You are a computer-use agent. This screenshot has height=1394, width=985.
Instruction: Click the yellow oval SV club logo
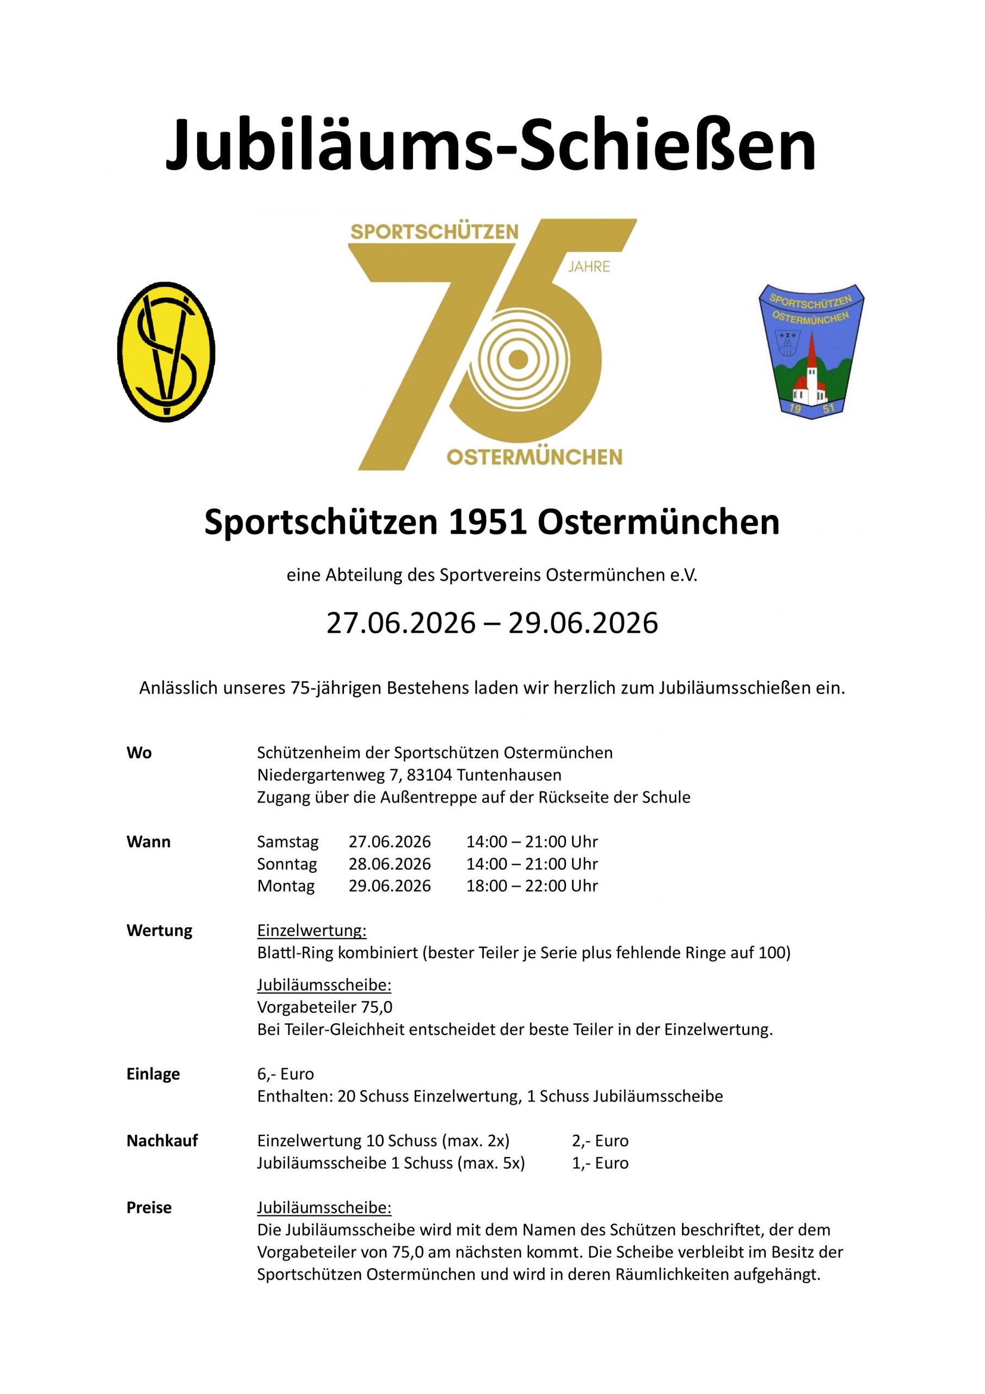(165, 352)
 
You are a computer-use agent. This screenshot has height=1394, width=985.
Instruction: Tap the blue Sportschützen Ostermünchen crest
(811, 350)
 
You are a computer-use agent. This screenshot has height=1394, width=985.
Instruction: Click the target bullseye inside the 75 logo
(516, 359)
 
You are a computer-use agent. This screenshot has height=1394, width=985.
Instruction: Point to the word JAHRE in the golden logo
(589, 266)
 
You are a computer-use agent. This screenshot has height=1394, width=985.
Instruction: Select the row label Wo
(139, 753)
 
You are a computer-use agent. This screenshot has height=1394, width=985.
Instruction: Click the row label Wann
(149, 841)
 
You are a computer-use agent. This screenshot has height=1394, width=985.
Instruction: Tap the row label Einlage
(153, 1074)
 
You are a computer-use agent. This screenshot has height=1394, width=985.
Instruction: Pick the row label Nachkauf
(162, 1141)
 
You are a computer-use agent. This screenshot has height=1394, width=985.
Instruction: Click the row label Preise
(149, 1208)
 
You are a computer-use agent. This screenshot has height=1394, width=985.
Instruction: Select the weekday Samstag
(288, 841)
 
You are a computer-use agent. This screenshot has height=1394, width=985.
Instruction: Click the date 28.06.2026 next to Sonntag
(390, 864)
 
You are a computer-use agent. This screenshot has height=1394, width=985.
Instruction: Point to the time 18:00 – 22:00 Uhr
(532, 886)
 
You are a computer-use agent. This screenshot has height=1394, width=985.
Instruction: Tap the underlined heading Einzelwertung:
(312, 930)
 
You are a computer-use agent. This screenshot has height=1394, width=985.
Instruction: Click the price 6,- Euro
(285, 1074)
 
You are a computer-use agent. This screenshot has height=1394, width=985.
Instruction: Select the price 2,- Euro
(600, 1141)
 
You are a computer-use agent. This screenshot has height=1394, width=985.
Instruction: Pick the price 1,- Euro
(600, 1163)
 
